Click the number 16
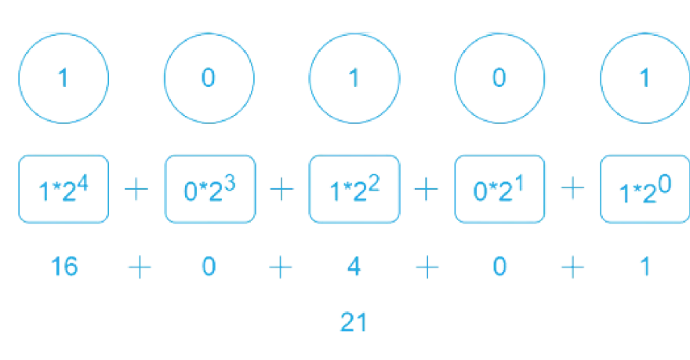64,267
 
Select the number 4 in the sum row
354,267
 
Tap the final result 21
354,322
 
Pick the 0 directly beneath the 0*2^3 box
209,267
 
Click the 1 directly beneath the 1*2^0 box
645,267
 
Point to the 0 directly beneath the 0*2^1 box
499,267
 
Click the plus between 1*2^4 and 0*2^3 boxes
136,189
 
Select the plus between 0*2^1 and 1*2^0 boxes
572,188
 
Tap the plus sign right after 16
140,267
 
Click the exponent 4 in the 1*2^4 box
82,182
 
